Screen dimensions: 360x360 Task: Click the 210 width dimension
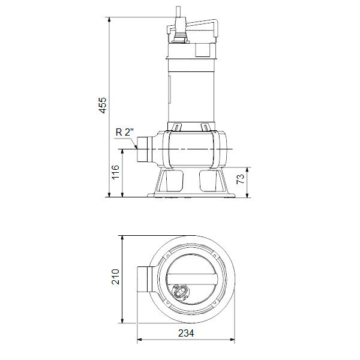[116, 276]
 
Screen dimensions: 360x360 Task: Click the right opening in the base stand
[211, 180]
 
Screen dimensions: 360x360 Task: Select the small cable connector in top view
[180, 292]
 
